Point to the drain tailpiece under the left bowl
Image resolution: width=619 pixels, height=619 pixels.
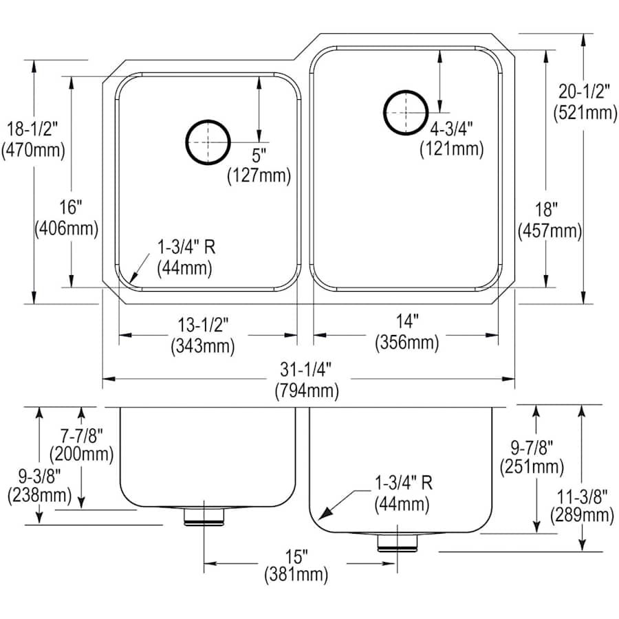pos(204,517)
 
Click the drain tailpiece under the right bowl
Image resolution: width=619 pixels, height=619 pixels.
pos(398,541)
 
